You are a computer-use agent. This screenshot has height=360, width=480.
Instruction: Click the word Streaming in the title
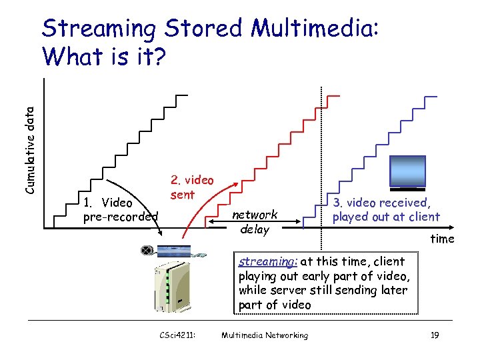(x=98, y=29)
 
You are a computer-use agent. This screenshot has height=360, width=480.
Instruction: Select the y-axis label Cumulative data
(x=29, y=146)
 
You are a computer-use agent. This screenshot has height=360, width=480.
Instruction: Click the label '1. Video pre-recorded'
(x=120, y=209)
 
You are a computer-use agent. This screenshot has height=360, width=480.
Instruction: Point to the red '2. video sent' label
(x=192, y=187)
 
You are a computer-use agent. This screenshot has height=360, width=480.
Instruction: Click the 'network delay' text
(x=254, y=222)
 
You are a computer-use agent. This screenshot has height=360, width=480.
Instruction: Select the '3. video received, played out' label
(x=386, y=209)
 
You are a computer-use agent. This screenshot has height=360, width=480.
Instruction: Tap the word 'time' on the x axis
(x=441, y=238)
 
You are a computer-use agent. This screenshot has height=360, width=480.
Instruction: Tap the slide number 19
(x=434, y=335)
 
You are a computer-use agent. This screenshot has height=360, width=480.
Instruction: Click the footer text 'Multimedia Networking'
(x=265, y=335)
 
